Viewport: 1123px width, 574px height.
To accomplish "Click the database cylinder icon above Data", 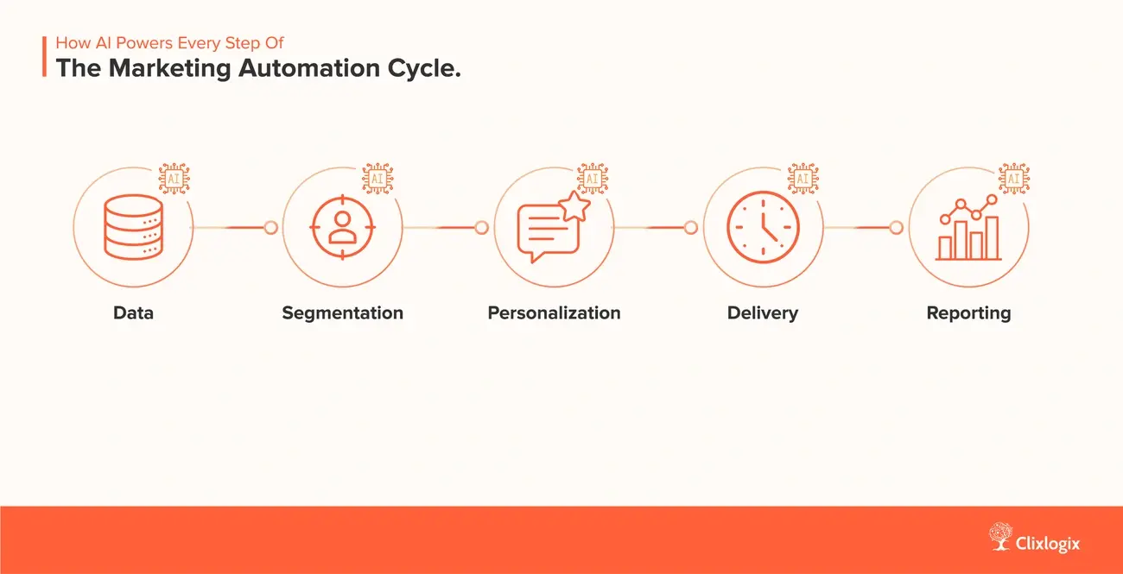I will point(132,226).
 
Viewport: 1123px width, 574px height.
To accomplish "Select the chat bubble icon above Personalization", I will point(548,230).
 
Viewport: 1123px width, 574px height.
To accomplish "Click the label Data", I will point(133,312).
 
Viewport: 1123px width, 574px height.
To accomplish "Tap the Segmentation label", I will point(343,312).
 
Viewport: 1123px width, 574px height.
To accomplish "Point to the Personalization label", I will point(554,312).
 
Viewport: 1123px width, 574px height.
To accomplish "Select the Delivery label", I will point(763,312).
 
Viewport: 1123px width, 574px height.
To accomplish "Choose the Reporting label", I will point(968,312).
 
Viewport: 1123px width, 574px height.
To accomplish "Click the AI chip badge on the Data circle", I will point(174,178).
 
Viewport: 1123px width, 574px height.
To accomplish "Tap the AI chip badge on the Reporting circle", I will point(1013,178).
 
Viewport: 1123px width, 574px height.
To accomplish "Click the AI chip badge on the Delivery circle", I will point(803,178).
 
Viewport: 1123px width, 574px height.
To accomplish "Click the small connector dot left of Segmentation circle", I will point(271,228).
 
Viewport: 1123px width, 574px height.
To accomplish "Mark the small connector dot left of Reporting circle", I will point(897,228).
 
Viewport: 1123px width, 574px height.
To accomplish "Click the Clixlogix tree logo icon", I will point(1001,536).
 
